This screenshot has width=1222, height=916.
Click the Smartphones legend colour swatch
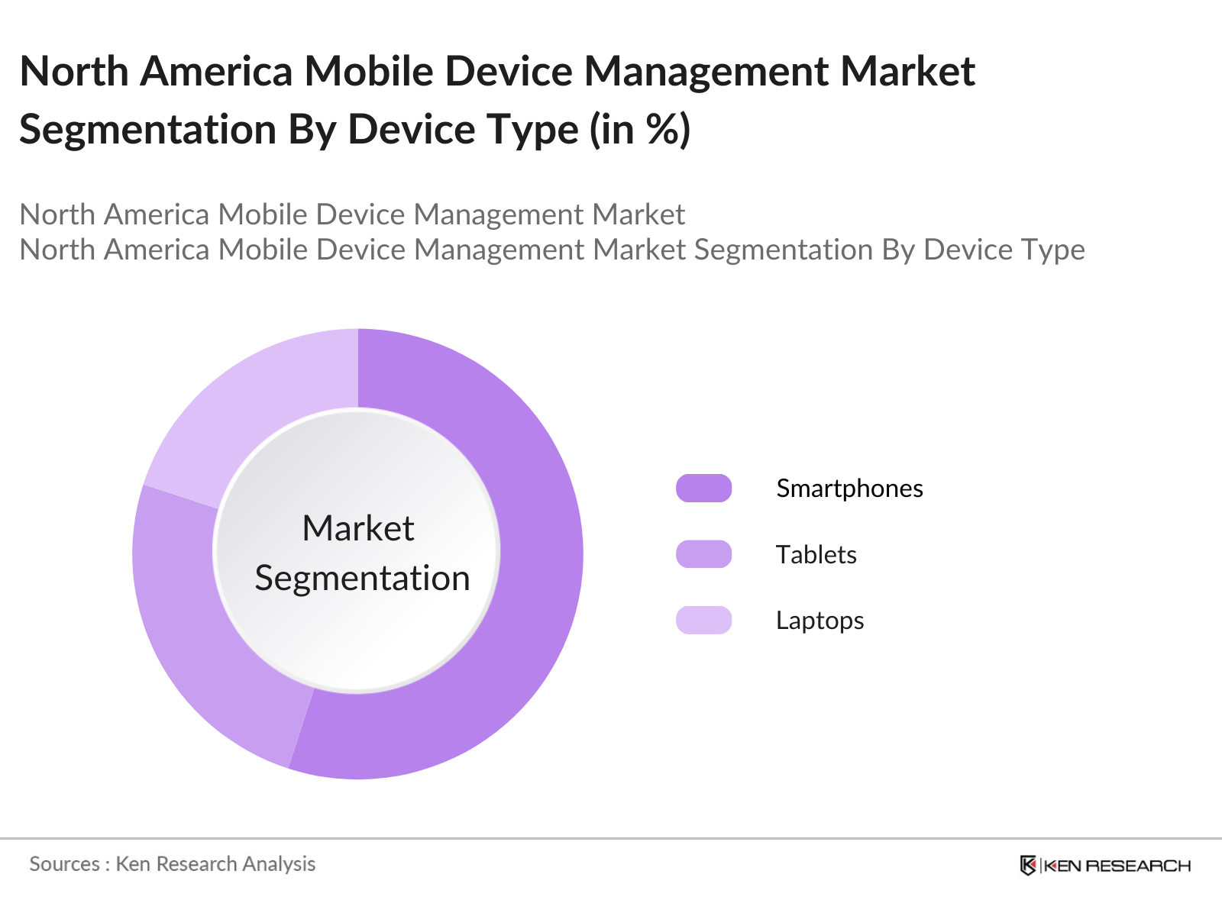pos(703,489)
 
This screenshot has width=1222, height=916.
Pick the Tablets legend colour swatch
pos(703,554)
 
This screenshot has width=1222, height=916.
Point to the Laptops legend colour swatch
pos(703,620)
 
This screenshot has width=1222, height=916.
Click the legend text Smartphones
pos(849,489)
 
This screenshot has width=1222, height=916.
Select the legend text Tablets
pos(816,555)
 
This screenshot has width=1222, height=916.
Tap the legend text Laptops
pos(820,621)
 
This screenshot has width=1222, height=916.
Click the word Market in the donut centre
pos(357,528)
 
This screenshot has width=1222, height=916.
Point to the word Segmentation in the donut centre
pos(362,579)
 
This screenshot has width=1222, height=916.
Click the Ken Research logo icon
pos(1028,865)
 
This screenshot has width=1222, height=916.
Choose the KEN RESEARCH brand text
pos(1117,866)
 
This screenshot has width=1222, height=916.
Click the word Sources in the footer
pos(64,864)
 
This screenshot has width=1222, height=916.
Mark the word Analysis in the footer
pos(279,864)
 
